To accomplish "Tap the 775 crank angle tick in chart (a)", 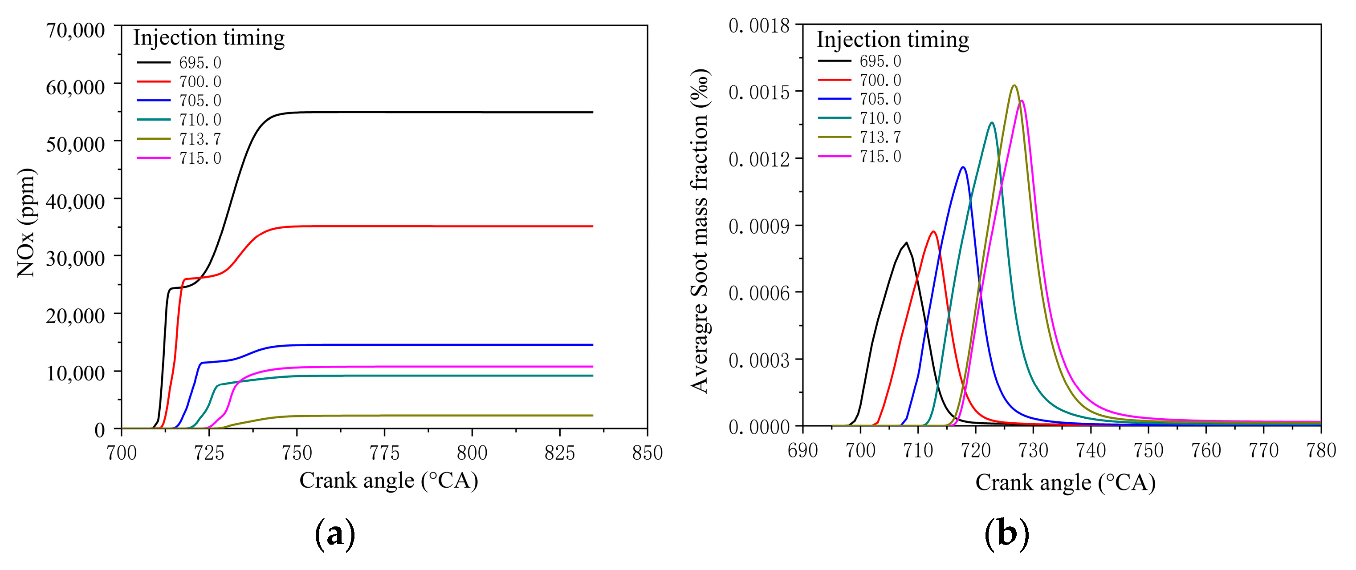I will coord(384,452).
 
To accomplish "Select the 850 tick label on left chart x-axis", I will coord(647,452).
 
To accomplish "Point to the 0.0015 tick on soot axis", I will coord(759,92).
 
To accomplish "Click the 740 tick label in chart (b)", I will coord(1091,450).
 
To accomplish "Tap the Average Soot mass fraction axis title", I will coord(700,231).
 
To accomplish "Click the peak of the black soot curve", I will coord(907,243).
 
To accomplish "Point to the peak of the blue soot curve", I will coord(963,167).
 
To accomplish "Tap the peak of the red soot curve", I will coord(933,231).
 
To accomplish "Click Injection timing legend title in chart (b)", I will coord(893,40).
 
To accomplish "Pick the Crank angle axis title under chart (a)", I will coord(388,480).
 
